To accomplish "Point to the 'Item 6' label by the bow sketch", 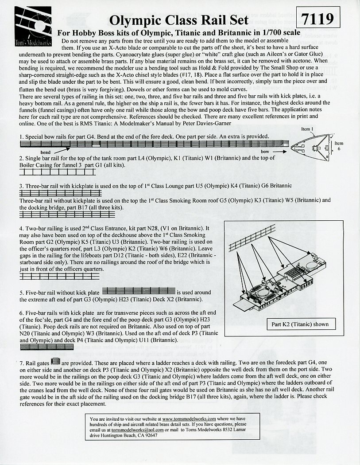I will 338,146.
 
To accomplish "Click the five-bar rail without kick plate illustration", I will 139,291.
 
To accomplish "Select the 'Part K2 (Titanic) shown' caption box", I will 300,324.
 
